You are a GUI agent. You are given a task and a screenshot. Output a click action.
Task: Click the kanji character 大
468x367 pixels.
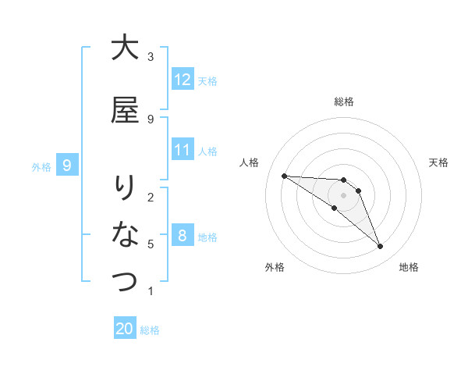pyautogui.click(x=125, y=48)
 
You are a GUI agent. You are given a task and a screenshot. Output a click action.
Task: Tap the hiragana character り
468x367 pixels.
pyautogui.click(x=125, y=187)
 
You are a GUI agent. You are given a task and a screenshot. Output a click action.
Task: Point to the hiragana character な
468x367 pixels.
pyautogui.click(x=125, y=234)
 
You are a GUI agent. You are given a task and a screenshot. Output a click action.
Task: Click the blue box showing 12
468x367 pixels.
pyautogui.click(x=183, y=80)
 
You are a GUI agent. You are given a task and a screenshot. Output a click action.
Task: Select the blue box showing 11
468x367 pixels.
pyautogui.click(x=183, y=150)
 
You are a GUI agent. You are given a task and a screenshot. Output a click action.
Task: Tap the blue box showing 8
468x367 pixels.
pyautogui.click(x=183, y=236)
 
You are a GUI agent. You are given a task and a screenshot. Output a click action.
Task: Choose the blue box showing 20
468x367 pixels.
pyautogui.click(x=125, y=329)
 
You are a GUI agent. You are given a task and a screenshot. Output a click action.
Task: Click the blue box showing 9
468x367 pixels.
pyautogui.click(x=67, y=165)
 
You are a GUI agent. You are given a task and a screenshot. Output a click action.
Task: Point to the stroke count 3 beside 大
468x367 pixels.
pyautogui.click(x=151, y=56)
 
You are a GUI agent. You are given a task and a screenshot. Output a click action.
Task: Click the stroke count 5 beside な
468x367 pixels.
pyautogui.click(x=151, y=244)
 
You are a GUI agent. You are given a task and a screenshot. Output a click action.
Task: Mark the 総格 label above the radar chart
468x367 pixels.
pyautogui.click(x=344, y=102)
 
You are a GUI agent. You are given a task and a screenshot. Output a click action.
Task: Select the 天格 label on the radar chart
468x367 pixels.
pyautogui.click(x=438, y=162)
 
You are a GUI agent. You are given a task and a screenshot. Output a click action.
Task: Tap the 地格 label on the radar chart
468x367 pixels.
pyautogui.click(x=409, y=267)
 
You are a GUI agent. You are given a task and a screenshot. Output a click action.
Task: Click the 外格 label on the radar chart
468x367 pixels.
pyautogui.click(x=275, y=267)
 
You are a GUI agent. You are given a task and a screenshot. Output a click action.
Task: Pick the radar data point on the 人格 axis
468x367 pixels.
pyautogui.click(x=284, y=176)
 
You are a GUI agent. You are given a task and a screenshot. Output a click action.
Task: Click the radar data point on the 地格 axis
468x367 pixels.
pyautogui.click(x=381, y=247)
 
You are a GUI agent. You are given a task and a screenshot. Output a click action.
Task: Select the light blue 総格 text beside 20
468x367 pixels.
pyautogui.click(x=150, y=330)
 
